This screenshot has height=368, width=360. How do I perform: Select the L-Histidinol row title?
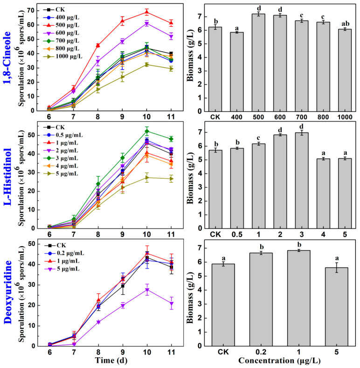tap(8, 177)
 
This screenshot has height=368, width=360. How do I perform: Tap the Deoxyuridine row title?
tap(8, 296)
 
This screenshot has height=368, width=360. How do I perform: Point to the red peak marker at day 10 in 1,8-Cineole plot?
tap(146, 12)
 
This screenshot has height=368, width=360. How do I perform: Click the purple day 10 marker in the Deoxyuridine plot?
tap(146, 290)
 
